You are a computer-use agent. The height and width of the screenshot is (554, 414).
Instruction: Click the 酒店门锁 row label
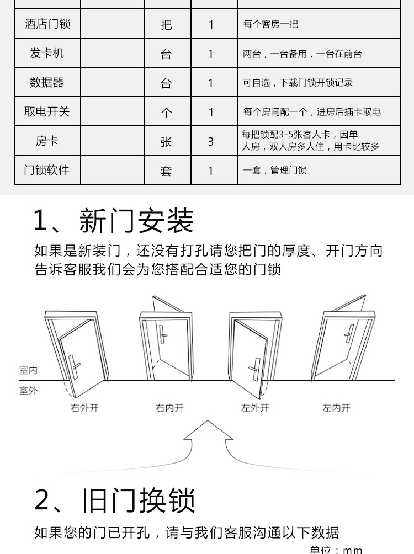(x=47, y=24)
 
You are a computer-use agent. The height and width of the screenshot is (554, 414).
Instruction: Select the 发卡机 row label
(x=47, y=54)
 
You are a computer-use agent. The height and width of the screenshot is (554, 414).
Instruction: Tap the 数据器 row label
(x=47, y=83)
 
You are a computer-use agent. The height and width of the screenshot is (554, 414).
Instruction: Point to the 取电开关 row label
(x=47, y=111)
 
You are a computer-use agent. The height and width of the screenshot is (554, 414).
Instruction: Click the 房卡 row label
(x=47, y=141)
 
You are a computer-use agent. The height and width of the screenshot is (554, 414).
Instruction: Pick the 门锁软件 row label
(x=47, y=170)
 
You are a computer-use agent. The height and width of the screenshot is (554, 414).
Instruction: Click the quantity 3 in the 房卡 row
(x=211, y=142)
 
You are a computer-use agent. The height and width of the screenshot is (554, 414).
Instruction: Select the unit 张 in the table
(x=166, y=142)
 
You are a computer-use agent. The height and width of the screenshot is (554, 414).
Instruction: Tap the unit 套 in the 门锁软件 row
(x=166, y=171)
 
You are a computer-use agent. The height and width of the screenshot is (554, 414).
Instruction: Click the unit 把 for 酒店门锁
(x=166, y=25)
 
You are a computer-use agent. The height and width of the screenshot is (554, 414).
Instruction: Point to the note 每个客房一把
(x=270, y=24)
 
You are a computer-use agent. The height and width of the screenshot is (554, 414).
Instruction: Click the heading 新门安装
(x=136, y=221)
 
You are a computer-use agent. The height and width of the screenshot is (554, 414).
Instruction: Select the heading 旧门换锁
(x=138, y=500)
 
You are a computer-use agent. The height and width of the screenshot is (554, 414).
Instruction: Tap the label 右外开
(x=84, y=408)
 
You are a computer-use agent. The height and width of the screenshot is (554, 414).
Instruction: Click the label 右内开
(x=169, y=408)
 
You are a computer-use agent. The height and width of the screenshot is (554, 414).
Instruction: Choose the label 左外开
(x=255, y=408)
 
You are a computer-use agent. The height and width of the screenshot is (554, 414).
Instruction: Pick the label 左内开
(x=336, y=408)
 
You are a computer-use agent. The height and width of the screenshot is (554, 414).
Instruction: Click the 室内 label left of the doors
(x=28, y=370)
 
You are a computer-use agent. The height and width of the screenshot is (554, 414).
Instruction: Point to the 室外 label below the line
(x=28, y=391)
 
